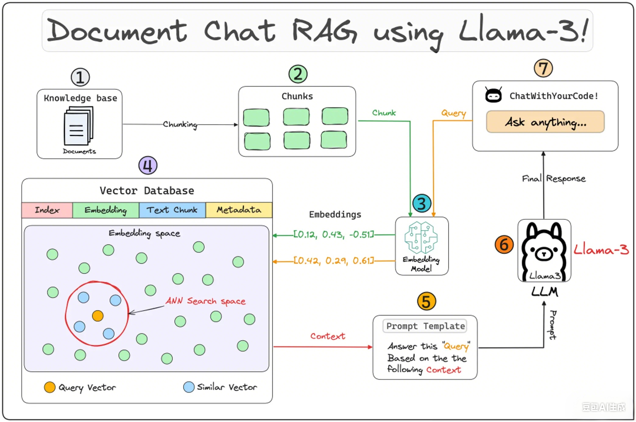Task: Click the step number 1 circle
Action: [80, 77]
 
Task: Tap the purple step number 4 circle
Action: [148, 165]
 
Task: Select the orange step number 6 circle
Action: [504, 244]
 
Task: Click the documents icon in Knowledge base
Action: [79, 126]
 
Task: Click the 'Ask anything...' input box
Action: [545, 122]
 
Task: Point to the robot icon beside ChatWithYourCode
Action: [493, 95]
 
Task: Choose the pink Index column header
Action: [47, 210]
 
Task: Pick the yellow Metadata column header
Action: [239, 210]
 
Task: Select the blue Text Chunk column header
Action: [172, 210]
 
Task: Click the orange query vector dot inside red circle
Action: [98, 316]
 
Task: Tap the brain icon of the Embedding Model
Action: [421, 238]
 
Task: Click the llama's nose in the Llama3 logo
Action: [544, 254]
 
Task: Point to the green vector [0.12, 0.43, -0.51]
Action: [334, 235]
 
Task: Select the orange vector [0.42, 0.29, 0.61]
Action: [334, 261]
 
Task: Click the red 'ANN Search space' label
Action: [206, 301]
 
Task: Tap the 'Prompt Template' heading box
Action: [425, 326]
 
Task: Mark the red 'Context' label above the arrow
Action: [328, 336]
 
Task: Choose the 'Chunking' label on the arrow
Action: [180, 125]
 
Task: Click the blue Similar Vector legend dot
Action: [189, 387]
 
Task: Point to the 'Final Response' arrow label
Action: [554, 179]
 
